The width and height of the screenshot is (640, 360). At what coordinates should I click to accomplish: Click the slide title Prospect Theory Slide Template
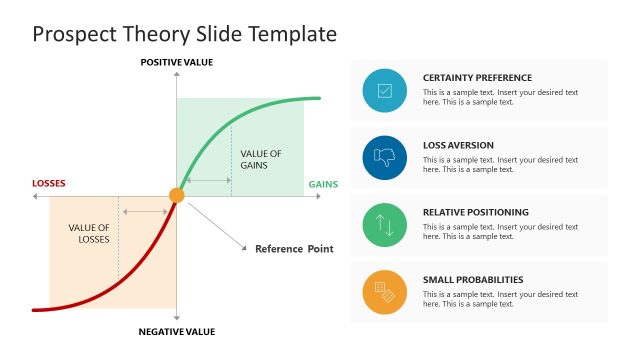(184, 34)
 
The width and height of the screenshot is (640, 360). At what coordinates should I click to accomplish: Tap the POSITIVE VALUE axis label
(176, 62)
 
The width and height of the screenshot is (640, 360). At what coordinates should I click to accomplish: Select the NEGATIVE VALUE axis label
(176, 331)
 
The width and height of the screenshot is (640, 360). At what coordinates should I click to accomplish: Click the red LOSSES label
(49, 183)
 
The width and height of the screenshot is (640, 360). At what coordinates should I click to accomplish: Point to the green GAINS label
(322, 184)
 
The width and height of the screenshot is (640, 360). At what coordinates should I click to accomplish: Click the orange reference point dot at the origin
(177, 196)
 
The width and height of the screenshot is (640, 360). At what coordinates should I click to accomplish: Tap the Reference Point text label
(294, 249)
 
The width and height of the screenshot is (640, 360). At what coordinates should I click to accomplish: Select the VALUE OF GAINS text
(260, 159)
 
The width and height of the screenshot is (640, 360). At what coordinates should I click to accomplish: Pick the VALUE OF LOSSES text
(88, 233)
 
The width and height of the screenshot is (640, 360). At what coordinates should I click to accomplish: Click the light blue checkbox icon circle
(385, 90)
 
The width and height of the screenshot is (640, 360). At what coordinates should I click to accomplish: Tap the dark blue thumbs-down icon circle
(385, 157)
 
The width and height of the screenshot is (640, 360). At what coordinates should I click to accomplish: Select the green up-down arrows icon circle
(385, 224)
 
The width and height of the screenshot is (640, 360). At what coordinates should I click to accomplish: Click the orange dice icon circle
(385, 292)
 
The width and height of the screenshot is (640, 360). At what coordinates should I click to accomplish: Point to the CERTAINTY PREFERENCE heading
(477, 78)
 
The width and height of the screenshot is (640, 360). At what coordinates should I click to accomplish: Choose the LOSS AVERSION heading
(458, 145)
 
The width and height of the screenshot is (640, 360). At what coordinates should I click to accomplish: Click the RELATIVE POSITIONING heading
(475, 212)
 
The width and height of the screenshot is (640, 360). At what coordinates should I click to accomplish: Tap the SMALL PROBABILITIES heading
(473, 280)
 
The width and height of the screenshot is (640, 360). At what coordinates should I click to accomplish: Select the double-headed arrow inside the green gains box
(208, 181)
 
